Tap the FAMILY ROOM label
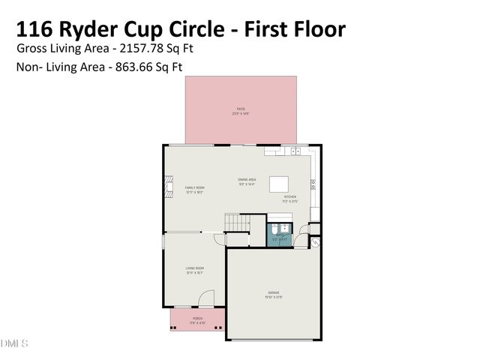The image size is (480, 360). click(x=195, y=189)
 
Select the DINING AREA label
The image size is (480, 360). click(x=247, y=181)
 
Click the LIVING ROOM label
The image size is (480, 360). click(x=195, y=269)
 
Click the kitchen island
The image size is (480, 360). click(x=280, y=184)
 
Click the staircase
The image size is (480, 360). click(x=237, y=223)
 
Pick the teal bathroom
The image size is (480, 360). click(x=280, y=234)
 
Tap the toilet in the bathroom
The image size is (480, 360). click(x=274, y=229)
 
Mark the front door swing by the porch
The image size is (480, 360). click(x=204, y=301)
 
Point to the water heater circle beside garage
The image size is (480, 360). click(x=316, y=241)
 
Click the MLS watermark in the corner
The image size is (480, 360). click(x=13, y=343)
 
